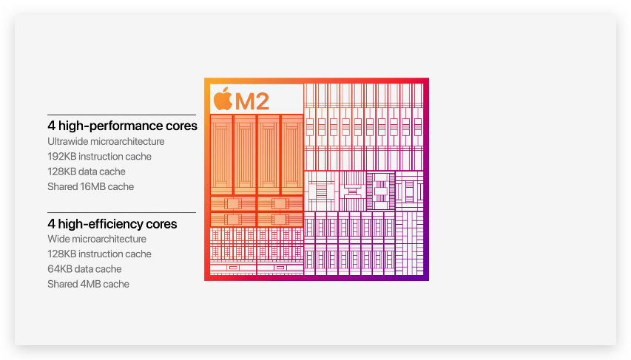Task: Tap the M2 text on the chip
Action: click(253, 100)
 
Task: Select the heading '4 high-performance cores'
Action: click(122, 126)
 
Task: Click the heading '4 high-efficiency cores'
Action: click(112, 223)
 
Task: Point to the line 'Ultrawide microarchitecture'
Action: click(106, 141)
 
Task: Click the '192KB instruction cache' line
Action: click(99, 157)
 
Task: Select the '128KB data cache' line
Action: click(86, 171)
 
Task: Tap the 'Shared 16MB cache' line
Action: click(90, 187)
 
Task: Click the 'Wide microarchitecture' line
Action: click(97, 239)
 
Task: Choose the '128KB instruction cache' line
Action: click(99, 254)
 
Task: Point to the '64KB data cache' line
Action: click(84, 269)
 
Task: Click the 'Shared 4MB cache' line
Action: click(88, 285)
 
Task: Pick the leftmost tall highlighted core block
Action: click(221, 154)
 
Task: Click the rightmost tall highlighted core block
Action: click(291, 154)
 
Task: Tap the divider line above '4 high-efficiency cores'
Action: click(121, 212)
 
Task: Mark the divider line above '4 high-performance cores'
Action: click(121, 115)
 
